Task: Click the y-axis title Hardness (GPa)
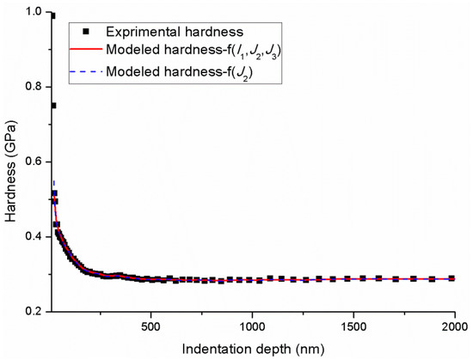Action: tap(11, 161)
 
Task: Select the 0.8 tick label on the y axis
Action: tap(32, 87)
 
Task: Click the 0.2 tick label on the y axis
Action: tap(32, 310)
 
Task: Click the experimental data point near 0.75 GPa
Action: tap(52, 106)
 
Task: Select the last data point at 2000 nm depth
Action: tap(454, 278)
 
